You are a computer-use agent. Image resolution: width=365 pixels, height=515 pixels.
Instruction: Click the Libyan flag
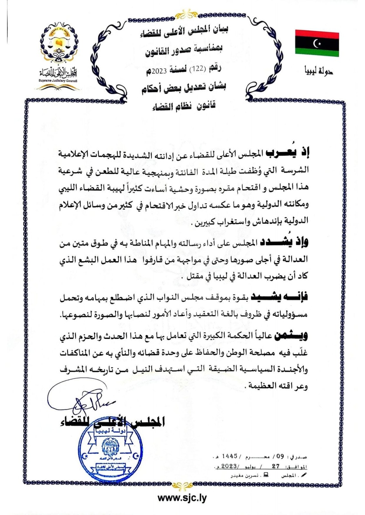(317, 43)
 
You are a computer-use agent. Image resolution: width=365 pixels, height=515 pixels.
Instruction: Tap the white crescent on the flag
(317, 43)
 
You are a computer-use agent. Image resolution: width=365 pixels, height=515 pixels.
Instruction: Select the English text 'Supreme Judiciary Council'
(58, 81)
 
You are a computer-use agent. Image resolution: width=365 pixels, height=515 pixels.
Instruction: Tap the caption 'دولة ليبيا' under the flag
(319, 70)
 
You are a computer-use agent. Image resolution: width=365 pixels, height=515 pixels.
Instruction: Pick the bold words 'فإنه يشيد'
(279, 297)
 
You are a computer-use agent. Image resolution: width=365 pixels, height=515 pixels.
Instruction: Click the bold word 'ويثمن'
(291, 336)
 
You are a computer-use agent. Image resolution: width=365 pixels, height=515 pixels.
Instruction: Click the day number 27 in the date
(276, 466)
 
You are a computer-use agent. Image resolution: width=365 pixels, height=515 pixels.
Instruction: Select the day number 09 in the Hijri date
(280, 456)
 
